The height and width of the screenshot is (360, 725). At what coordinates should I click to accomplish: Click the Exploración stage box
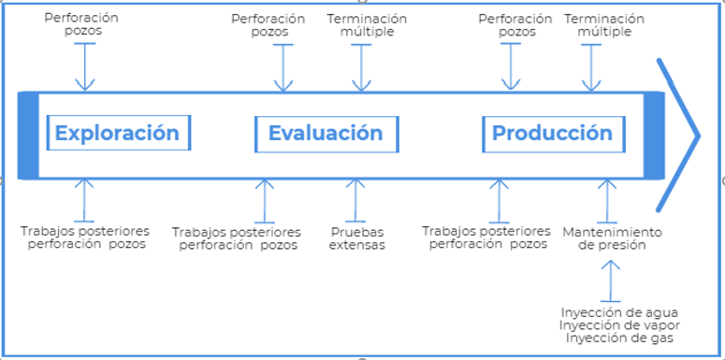pyautogui.click(x=118, y=133)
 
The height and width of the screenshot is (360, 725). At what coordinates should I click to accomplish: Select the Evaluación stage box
pyautogui.click(x=326, y=133)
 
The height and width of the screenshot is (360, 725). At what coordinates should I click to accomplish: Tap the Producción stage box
pyautogui.click(x=552, y=133)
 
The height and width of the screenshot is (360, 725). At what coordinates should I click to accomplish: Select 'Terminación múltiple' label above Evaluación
pyautogui.click(x=367, y=24)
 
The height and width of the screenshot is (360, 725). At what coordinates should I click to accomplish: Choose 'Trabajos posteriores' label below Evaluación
pyautogui.click(x=238, y=238)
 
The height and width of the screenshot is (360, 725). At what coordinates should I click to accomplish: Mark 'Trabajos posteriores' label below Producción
pyautogui.click(x=486, y=238)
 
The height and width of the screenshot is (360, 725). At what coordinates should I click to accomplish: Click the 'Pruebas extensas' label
pyautogui.click(x=356, y=238)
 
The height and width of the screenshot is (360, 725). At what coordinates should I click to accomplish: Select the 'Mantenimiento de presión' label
pyautogui.click(x=612, y=238)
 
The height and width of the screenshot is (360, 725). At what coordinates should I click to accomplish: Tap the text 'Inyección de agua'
pyautogui.click(x=619, y=312)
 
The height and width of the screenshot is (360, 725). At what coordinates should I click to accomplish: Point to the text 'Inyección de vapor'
pyautogui.click(x=619, y=325)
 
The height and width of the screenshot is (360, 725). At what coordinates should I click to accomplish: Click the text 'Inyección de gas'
pyautogui.click(x=619, y=338)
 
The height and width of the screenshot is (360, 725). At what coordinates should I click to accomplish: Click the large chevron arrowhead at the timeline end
pyautogui.click(x=681, y=134)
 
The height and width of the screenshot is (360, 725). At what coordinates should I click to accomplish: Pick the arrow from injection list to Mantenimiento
pyautogui.click(x=610, y=281)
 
